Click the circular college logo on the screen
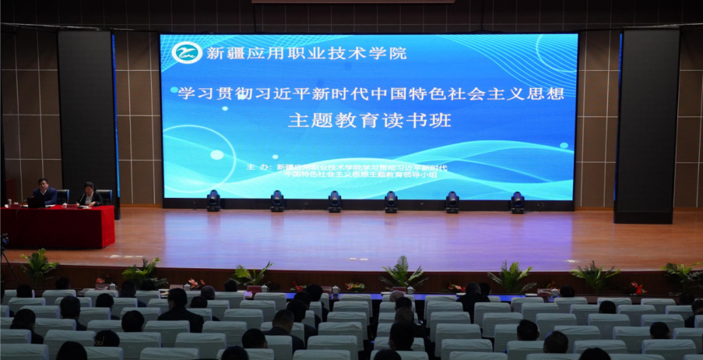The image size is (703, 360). pyautogui.click(x=187, y=52)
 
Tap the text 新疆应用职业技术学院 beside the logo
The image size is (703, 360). pyautogui.click(x=306, y=53)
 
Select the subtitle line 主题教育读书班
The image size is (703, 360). pyautogui.click(x=369, y=120)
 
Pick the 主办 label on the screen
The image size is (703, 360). pyautogui.click(x=258, y=167)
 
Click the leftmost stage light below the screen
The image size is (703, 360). pyautogui.click(x=214, y=201)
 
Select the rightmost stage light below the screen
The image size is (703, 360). pyautogui.click(x=517, y=202)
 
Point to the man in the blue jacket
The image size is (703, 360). pyautogui.click(x=45, y=193)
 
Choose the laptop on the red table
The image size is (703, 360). pyautogui.click(x=36, y=202)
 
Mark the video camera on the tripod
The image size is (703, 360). pyautogui.click(x=4, y=242)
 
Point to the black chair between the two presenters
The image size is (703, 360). pyautogui.click(x=63, y=195)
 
